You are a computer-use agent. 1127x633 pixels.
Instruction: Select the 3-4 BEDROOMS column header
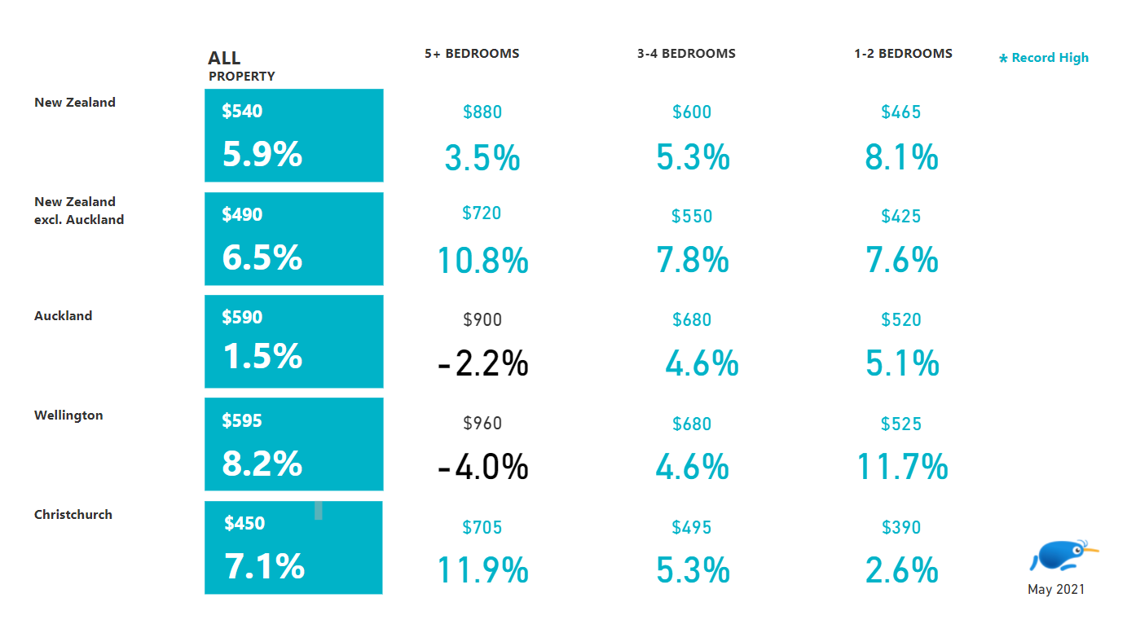pos(686,54)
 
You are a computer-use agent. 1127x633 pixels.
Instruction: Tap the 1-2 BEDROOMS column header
pos(903,54)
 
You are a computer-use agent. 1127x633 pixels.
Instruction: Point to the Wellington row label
pos(68,415)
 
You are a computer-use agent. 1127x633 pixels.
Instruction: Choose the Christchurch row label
pos(73,515)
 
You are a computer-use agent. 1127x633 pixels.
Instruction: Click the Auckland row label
pos(63,316)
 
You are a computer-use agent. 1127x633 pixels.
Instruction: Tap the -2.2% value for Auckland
pos(482,364)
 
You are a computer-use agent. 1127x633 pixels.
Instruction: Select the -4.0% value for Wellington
pos(482,468)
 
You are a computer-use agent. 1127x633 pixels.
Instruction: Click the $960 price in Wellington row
pos(482,424)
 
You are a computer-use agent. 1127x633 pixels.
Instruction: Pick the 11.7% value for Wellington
pos(902,468)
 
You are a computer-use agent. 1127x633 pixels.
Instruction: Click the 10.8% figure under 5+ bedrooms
pos(482,261)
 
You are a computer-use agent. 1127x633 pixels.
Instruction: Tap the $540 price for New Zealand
pos(242,112)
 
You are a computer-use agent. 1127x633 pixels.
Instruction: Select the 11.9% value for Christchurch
pos(482,571)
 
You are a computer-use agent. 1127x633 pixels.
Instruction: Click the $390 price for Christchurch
pos(901,528)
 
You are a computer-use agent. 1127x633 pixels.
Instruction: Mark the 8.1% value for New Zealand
pos(901,157)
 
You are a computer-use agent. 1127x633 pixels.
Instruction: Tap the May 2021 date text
pos(1056,590)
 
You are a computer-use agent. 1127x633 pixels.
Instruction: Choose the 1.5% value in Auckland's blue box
pos(262,357)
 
